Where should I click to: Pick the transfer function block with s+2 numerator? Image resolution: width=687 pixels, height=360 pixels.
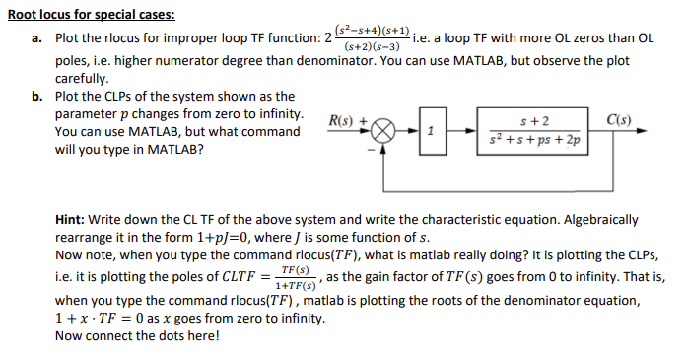pos(533,131)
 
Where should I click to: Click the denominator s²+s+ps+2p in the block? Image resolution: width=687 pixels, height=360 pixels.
pos(533,141)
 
